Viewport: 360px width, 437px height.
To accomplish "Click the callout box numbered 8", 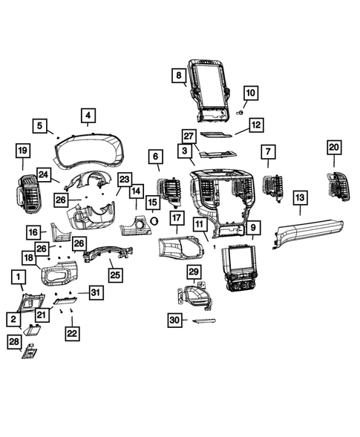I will (x=179, y=75).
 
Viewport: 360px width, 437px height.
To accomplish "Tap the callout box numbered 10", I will (x=249, y=93).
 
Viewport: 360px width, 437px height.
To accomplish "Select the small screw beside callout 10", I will (x=240, y=111).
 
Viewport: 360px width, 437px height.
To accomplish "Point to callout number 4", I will (x=88, y=115).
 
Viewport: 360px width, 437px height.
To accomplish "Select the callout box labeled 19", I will (x=23, y=151).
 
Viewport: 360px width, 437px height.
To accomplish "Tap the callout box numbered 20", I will (x=333, y=147).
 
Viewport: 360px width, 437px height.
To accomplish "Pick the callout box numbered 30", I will (x=174, y=320).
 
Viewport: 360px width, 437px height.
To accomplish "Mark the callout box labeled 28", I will (x=14, y=341).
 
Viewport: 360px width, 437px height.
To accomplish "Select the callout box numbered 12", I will (x=255, y=125).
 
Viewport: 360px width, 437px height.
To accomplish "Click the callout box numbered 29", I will (x=194, y=272).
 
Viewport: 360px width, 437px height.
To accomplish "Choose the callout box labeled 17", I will (x=176, y=218).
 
